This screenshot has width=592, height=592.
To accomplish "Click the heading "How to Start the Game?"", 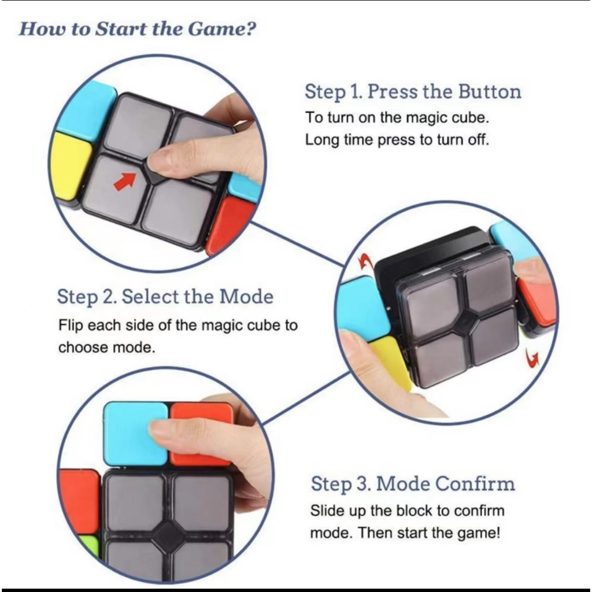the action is pyautogui.click(x=138, y=29).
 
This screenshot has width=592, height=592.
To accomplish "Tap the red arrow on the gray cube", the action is pyautogui.click(x=125, y=181).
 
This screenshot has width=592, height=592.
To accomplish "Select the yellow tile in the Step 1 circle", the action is pyautogui.click(x=71, y=166).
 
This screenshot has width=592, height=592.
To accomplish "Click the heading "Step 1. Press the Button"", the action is pyautogui.click(x=413, y=92).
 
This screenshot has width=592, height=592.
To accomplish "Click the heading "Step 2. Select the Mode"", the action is pyautogui.click(x=165, y=297).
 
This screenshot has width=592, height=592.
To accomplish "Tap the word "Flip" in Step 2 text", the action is pyautogui.click(x=70, y=325).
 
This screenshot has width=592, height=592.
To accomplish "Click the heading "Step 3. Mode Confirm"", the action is pyautogui.click(x=413, y=484).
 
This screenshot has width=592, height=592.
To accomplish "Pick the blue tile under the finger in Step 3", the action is pyautogui.click(x=135, y=434).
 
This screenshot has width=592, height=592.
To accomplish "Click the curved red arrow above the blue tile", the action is pyautogui.click(x=365, y=261).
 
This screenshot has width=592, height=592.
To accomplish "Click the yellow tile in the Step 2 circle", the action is pyautogui.click(x=392, y=361).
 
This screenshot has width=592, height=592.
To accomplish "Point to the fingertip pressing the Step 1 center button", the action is pyautogui.click(x=158, y=162).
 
